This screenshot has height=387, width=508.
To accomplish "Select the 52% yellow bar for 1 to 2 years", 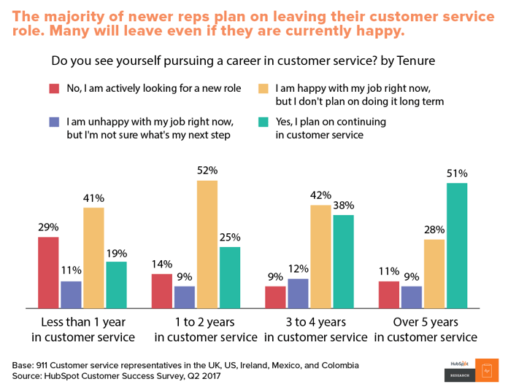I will [x=207, y=243].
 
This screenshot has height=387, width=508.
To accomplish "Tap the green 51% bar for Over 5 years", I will [x=456, y=245].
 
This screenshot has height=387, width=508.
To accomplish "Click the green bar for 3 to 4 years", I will [x=343, y=261].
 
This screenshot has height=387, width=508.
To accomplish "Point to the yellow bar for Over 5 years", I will [x=434, y=273].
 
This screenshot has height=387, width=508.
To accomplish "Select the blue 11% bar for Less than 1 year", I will [x=71, y=294].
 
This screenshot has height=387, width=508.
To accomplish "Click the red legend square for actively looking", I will [x=54, y=89].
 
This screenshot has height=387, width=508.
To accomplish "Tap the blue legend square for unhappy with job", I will [x=54, y=122].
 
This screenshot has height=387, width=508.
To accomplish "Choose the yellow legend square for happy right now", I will [x=263, y=89].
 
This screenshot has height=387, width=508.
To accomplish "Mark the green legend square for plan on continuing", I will [x=263, y=122].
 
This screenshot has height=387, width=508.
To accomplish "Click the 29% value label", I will [x=49, y=227].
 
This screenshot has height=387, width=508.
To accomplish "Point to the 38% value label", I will [x=343, y=205].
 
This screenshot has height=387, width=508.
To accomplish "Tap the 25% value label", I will [x=229, y=237].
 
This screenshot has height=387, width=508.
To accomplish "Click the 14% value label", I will [x=162, y=264].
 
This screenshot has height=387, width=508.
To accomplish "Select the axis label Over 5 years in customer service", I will [x=426, y=329].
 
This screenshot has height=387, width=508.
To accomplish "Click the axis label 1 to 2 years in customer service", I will [x=207, y=329].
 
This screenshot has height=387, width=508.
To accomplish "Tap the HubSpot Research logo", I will [x=470, y=370].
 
